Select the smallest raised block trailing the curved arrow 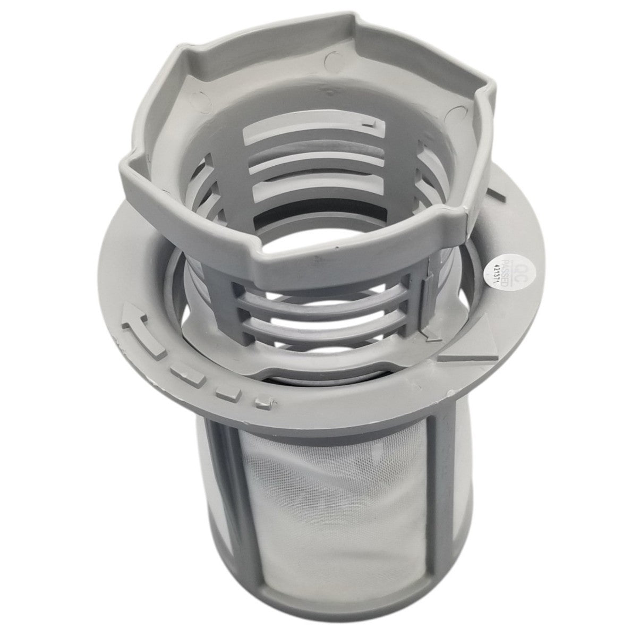(260, 403)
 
